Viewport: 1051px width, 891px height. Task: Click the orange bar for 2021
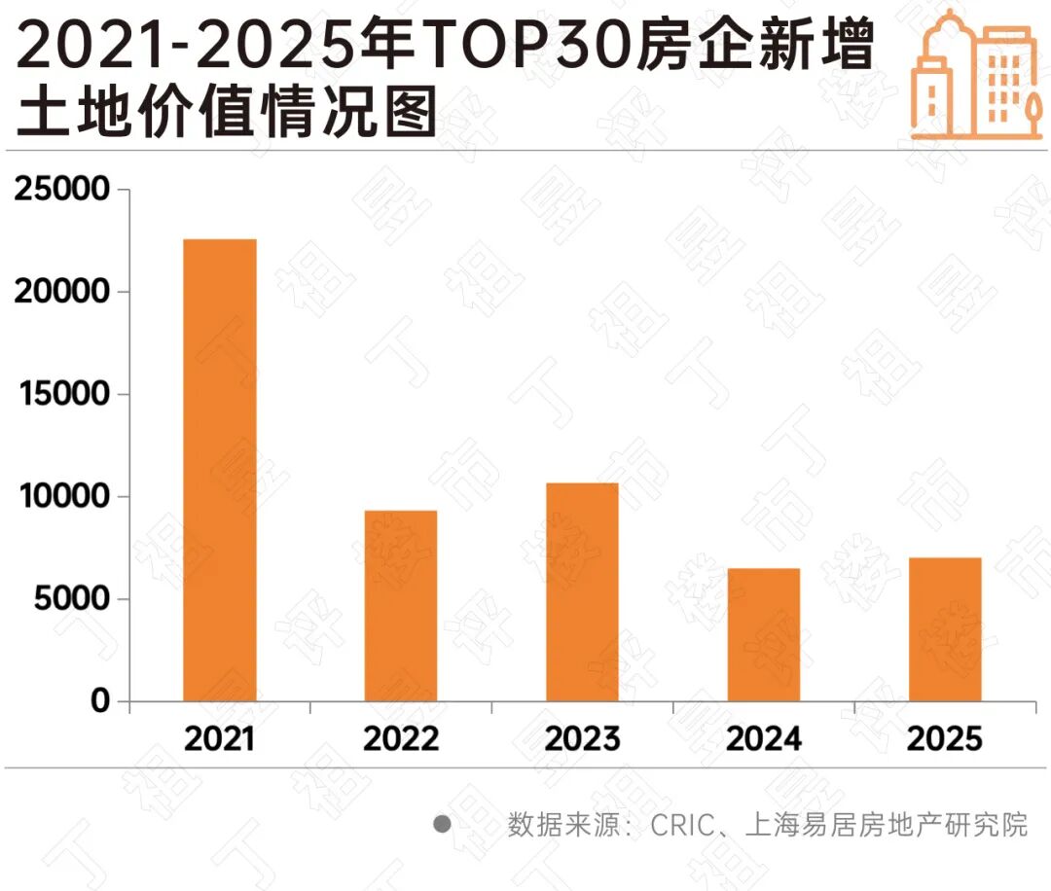click(220, 470)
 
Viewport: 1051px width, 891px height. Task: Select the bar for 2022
click(401, 605)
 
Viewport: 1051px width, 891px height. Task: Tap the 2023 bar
click(582, 591)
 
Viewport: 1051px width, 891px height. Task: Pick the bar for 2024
click(764, 634)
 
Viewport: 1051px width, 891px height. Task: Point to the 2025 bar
click(945, 629)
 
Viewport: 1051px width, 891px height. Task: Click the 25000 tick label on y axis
click(63, 190)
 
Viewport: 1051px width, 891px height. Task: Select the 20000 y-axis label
click(63, 292)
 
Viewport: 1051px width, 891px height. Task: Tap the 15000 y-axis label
click(63, 395)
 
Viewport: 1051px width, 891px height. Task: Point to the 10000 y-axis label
click(63, 497)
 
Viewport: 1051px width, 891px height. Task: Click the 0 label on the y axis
click(101, 701)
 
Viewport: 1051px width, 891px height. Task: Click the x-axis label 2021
click(220, 739)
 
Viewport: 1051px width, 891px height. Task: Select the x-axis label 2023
click(582, 739)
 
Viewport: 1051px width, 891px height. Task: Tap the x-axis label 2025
click(945, 739)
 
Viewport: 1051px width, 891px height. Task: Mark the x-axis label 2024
click(764, 739)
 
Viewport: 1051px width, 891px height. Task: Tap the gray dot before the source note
click(443, 825)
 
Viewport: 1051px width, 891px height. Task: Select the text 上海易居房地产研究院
click(886, 826)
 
